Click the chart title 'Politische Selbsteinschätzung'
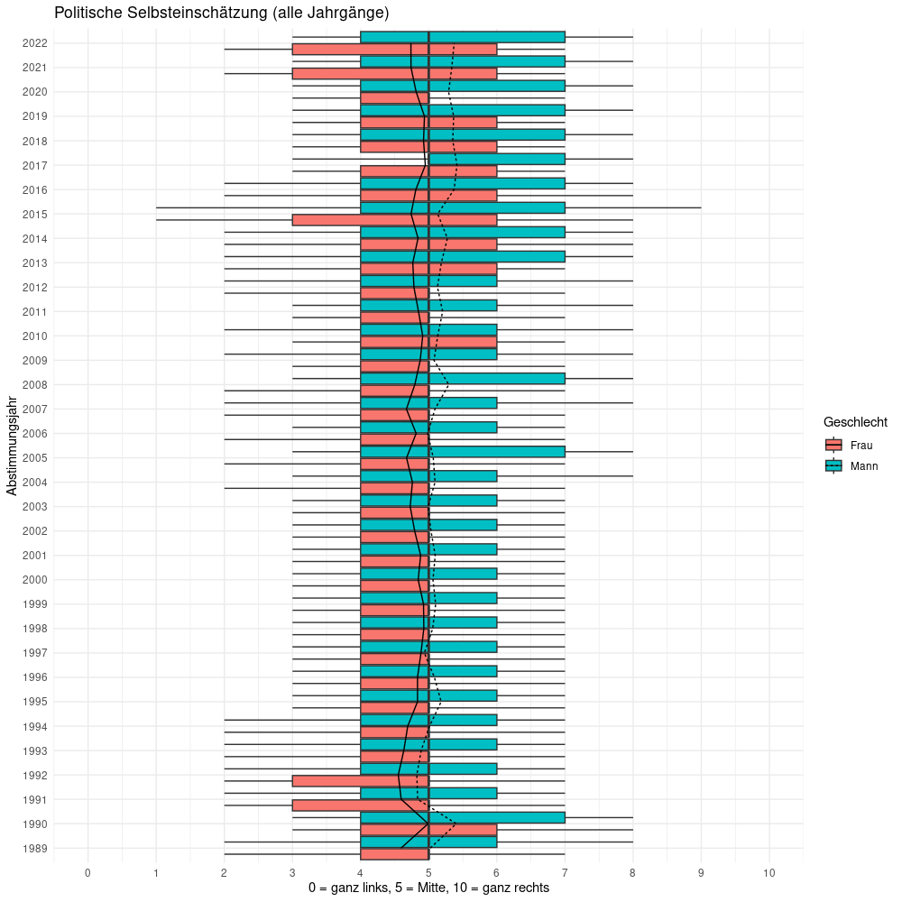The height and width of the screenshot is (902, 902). tap(221, 13)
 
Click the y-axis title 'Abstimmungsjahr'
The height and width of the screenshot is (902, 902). tap(12, 446)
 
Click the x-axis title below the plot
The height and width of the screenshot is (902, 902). tap(428, 888)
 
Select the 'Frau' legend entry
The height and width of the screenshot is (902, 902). tap(861, 445)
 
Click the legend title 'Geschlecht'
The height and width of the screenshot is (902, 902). tap(861, 422)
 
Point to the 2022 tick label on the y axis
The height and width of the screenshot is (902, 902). tap(37, 43)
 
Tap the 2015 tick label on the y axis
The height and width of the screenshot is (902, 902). tap(37, 215)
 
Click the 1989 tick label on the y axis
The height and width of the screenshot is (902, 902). tap(37, 849)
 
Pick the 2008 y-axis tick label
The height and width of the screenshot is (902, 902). tap(37, 385)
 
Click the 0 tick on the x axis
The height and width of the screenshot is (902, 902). tap(87, 873)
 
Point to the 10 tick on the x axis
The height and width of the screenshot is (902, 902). tap(769, 873)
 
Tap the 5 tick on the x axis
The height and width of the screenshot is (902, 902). tap(428, 873)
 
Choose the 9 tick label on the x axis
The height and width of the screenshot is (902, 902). tap(701, 873)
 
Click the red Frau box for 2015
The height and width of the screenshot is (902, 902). tap(394, 220)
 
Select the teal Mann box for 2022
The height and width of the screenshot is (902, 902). tap(463, 37)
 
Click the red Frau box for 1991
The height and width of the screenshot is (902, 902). tap(360, 805)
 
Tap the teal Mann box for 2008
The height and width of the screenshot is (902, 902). tap(497, 379)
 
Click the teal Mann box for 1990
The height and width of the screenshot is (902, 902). tap(463, 818)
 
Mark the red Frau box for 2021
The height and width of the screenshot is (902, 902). tap(394, 73)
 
